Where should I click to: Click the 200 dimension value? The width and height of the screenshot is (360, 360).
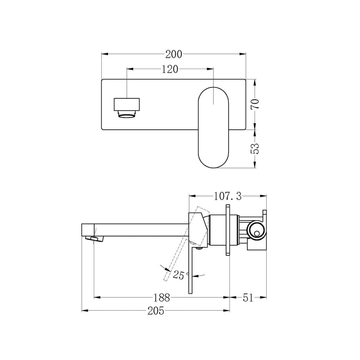pyautogui.click(x=173, y=54)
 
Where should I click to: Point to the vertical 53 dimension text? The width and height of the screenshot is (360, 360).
pyautogui.click(x=255, y=149)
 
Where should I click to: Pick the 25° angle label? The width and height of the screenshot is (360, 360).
pyautogui.click(x=181, y=275)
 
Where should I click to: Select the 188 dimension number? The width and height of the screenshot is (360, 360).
pyautogui.click(x=161, y=298)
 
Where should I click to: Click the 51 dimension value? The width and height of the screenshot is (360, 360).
pyautogui.click(x=249, y=298)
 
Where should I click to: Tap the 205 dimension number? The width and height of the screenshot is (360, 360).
pyautogui.click(x=155, y=311)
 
